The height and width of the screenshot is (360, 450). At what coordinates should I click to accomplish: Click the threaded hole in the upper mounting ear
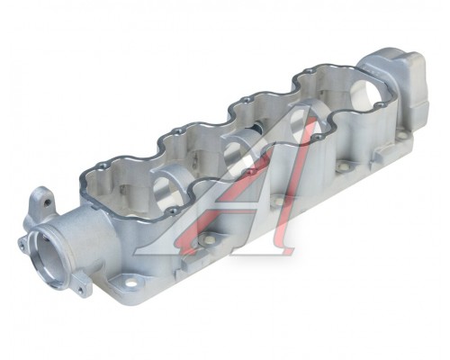pos(47,202)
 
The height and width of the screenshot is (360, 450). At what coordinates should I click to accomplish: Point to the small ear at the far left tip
pos(22,245)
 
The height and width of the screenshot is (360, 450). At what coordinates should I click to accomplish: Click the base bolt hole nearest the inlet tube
pos(130,283)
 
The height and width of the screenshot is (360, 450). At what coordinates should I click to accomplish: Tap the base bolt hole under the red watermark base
pos(208,239)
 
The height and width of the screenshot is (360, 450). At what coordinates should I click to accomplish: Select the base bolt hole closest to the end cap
pos(401,136)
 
